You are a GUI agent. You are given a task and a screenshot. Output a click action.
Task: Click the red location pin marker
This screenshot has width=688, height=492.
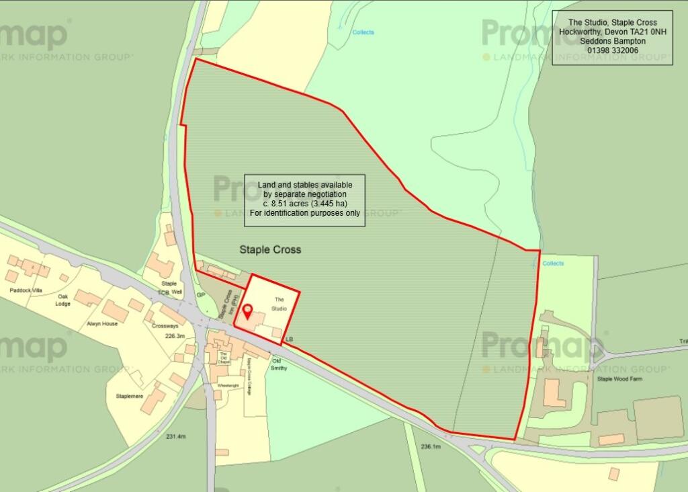coord(247,312)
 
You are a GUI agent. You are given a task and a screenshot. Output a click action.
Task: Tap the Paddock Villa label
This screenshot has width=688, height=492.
coord(27,290)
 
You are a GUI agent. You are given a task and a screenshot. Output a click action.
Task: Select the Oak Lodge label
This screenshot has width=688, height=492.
coord(63,300)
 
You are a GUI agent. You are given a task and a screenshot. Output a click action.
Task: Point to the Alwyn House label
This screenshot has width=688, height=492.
coord(102,323)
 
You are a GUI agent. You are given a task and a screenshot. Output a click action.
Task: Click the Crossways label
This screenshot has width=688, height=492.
coord(165,325)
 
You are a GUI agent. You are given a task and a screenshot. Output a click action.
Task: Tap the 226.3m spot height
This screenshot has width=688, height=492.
coord(174,336)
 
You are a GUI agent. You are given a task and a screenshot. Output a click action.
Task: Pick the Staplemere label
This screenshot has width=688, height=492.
coord(130,396)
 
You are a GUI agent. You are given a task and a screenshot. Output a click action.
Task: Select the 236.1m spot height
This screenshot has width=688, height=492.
coord(430,446)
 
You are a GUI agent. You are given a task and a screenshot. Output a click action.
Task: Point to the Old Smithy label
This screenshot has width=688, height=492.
coord(279,364)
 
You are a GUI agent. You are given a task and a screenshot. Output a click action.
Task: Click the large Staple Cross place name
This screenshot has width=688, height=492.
coord(270,249)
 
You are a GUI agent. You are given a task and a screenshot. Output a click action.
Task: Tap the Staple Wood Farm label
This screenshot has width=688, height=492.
coord(619,379)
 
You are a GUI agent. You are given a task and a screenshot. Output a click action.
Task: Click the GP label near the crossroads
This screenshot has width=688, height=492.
coord(200,295)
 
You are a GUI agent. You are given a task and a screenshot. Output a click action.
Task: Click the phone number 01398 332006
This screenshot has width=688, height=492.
coord(612,50)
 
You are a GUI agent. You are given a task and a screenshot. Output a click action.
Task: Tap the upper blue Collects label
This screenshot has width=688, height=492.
coord(363,32)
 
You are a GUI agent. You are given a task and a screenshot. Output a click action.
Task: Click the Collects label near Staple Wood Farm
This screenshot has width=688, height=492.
coord(553,263)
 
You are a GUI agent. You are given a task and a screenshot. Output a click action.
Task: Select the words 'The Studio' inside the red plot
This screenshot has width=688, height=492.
coord(279,303)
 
